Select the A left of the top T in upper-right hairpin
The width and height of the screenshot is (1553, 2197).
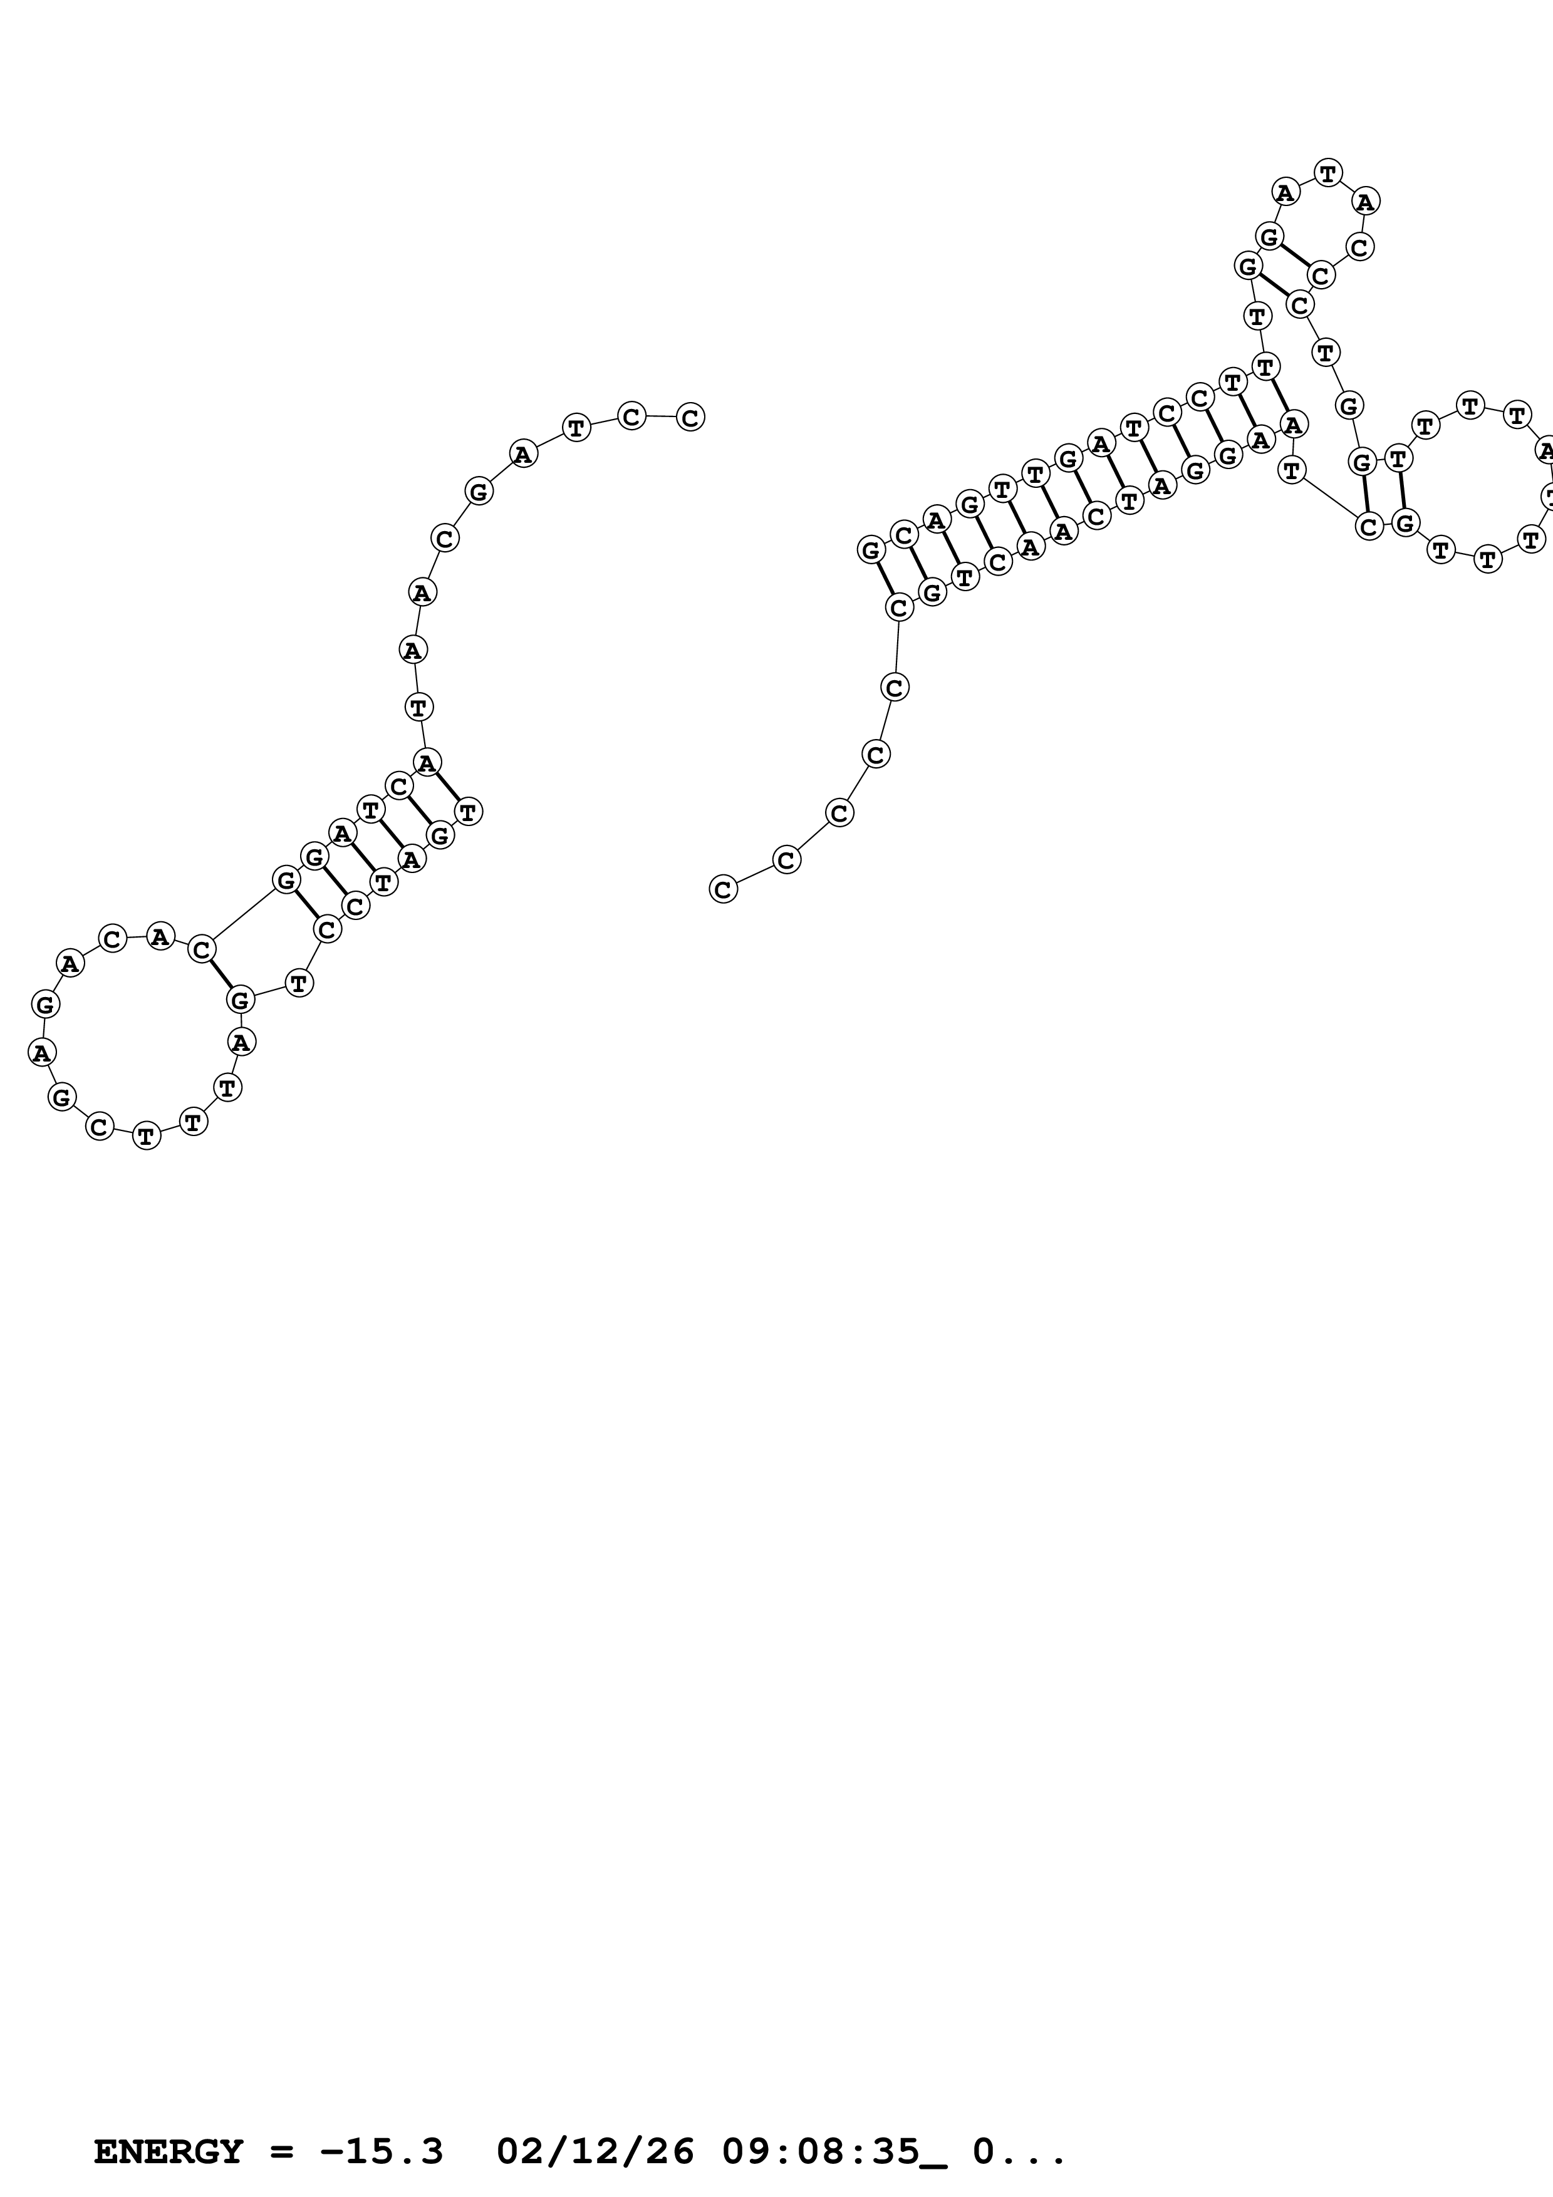(x=1285, y=192)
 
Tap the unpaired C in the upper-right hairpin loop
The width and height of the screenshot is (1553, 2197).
(x=1359, y=247)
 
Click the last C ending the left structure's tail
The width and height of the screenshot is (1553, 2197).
(x=690, y=417)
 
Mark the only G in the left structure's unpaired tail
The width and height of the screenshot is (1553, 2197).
(x=479, y=492)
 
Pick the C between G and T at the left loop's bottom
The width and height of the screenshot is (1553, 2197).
(x=100, y=1127)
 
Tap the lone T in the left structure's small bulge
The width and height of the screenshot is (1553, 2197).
(x=299, y=982)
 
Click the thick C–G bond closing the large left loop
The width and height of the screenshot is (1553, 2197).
(x=220, y=974)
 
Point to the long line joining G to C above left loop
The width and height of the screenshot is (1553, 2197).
(x=243, y=914)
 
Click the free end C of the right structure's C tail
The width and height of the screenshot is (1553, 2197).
(x=724, y=889)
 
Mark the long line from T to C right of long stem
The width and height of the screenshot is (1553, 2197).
(x=1330, y=497)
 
